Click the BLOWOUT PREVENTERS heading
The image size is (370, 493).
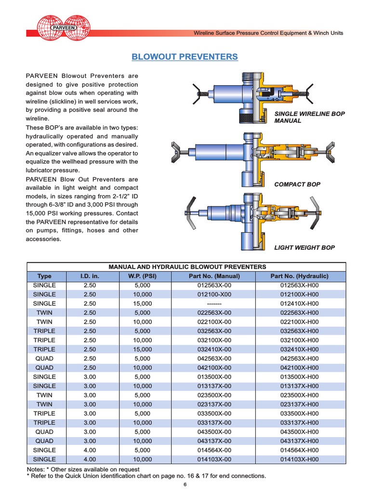pyautogui.click(x=185, y=57)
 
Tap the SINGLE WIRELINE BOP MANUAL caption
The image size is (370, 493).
pyautogui.click(x=309, y=117)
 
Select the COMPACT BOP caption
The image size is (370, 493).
pyautogui.click(x=297, y=184)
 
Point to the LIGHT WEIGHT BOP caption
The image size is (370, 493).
pyautogui.click(x=304, y=247)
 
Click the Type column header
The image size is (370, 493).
pyautogui.click(x=44, y=276)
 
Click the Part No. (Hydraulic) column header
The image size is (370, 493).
pyautogui.click(x=299, y=276)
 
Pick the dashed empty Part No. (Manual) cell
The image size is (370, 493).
pyautogui.click(x=214, y=304)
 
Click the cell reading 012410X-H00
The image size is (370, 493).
pyautogui.click(x=299, y=304)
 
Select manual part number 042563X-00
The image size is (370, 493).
pyautogui.click(x=214, y=359)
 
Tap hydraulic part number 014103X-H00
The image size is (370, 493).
pyautogui.click(x=299, y=459)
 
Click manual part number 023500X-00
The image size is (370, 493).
pyautogui.click(x=214, y=395)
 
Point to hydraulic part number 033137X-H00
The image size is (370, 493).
pyautogui.click(x=299, y=423)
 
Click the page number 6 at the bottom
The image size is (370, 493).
pyautogui.click(x=185, y=485)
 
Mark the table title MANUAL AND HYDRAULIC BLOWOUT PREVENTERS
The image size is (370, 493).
pyautogui.click(x=187, y=267)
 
